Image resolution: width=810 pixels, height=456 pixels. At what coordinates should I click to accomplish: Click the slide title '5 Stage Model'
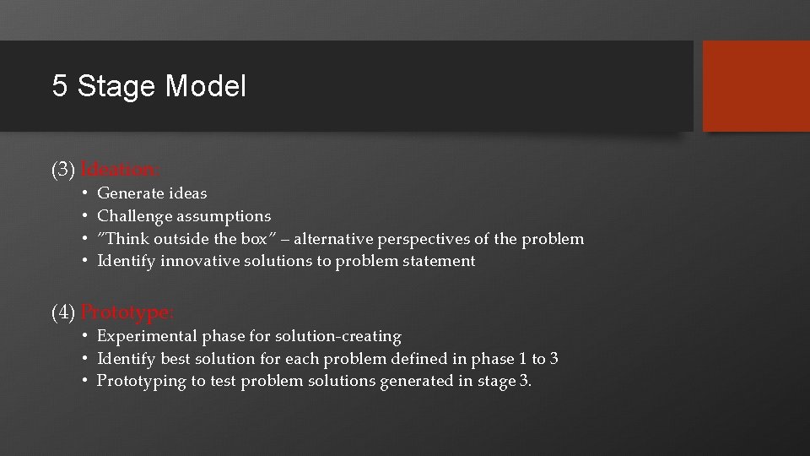[149, 86]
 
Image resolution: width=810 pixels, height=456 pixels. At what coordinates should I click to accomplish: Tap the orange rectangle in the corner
[756, 86]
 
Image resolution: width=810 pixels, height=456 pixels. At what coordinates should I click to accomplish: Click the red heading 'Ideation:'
[121, 170]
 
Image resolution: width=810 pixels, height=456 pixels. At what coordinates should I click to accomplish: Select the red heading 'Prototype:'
[127, 313]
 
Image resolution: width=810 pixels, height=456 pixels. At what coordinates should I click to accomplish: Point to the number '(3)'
[64, 170]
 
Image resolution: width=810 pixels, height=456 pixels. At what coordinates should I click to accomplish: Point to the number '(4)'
[64, 313]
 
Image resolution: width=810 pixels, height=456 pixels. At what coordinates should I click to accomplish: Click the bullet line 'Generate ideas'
[152, 193]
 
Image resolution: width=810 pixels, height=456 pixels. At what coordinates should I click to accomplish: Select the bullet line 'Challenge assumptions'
[184, 216]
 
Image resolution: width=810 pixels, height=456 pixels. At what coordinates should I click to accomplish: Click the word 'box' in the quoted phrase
[254, 239]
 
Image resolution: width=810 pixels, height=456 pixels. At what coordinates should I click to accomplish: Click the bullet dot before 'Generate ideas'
[86, 194]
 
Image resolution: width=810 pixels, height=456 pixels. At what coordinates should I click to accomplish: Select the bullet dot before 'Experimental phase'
[86, 337]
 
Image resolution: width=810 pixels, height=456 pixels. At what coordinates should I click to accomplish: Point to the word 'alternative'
[334, 239]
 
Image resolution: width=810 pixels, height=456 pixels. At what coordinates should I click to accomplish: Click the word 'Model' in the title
[206, 86]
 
